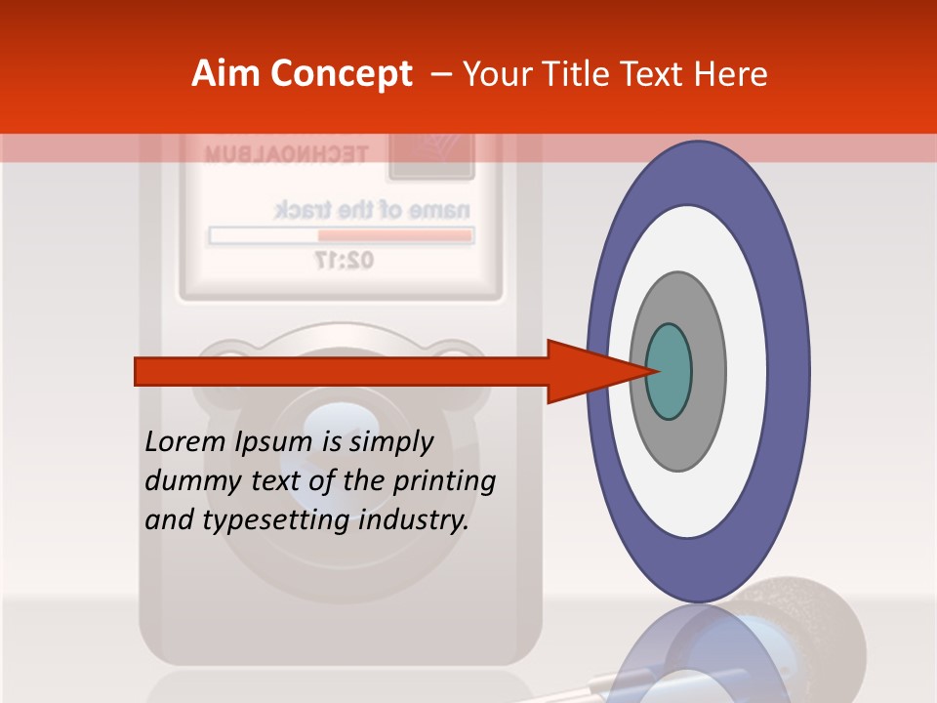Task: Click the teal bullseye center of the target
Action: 669,371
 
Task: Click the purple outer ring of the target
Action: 793,371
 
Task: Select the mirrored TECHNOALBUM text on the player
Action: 286,154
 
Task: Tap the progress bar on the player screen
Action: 342,235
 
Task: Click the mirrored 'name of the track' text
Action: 372,210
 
